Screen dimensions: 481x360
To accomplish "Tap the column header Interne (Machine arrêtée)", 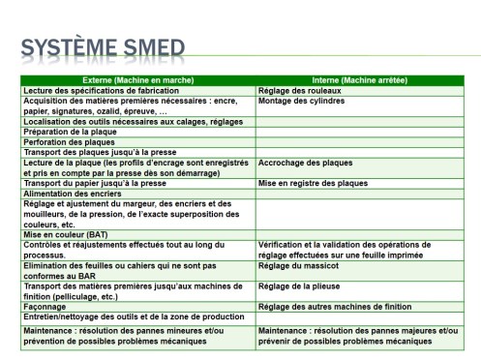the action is tap(359, 80).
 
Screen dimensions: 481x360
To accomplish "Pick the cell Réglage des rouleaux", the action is tap(300, 90).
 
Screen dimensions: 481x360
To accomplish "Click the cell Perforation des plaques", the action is tap(68, 141).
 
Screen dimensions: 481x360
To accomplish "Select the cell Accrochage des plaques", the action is tap(306, 162).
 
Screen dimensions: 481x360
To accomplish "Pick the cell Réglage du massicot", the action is tap(301, 265).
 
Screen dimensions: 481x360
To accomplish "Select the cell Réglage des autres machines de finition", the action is tap(331, 307).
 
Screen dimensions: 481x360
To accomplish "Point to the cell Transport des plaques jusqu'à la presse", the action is tap(98, 152).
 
